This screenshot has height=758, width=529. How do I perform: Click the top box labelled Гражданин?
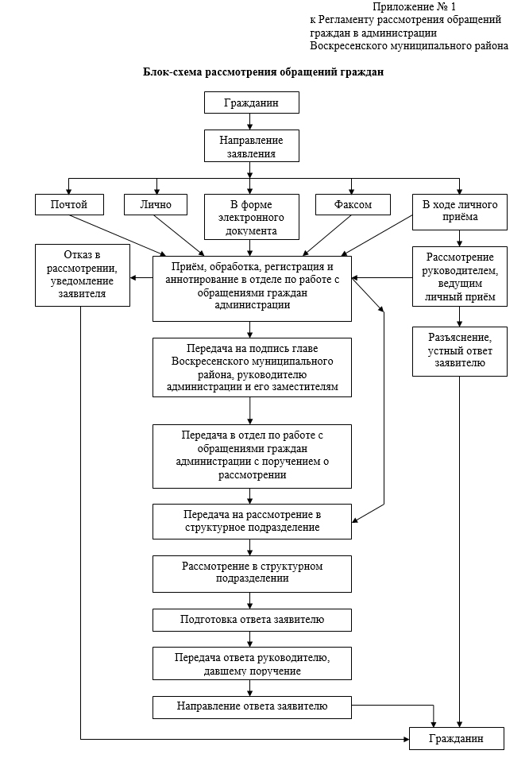click(251, 102)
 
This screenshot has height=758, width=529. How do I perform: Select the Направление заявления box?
click(251, 145)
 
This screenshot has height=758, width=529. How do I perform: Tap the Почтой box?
click(69, 204)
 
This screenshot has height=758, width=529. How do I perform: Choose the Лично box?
click(156, 204)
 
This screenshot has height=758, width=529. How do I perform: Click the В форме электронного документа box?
click(251, 217)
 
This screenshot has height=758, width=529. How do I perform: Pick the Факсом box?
click(353, 204)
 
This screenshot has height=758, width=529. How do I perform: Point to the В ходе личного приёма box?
click(459, 211)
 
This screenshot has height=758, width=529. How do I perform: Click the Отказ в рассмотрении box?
click(82, 275)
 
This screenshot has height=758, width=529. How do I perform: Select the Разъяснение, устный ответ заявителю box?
click(459, 351)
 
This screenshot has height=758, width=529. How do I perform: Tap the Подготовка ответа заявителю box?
click(252, 620)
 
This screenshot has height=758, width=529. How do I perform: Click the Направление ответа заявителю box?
click(252, 707)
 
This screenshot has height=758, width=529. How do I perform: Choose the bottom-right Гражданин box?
click(457, 738)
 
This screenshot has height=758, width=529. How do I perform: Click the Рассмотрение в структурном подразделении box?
click(252, 574)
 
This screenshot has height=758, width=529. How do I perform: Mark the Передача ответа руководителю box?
click(252, 663)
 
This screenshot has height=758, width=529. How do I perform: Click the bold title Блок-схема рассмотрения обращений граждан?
click(263, 72)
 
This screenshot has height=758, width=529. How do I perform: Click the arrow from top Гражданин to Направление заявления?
click(249, 122)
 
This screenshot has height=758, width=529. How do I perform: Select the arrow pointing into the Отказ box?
click(141, 278)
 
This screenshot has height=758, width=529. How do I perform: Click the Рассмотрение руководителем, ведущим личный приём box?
click(459, 277)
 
